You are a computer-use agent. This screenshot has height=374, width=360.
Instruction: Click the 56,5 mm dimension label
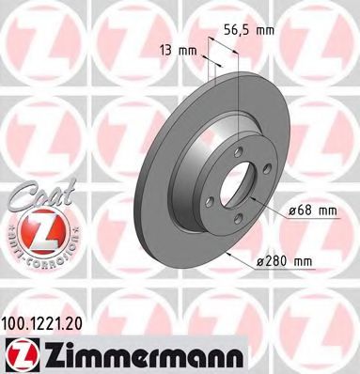[x=255, y=30]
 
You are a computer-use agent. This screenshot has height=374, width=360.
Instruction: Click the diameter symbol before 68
[x=290, y=211]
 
